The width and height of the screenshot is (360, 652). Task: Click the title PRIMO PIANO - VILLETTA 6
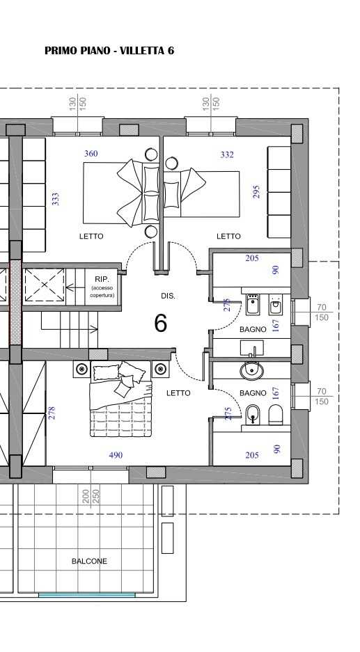pyautogui.click(x=109, y=51)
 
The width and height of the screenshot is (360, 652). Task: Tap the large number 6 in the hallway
pyautogui.click(x=161, y=323)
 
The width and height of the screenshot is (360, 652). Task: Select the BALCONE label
pyautogui.click(x=89, y=561)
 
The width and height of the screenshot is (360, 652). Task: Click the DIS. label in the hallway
pyautogui.click(x=168, y=296)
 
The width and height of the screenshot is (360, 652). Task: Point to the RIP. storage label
pyautogui.click(x=102, y=280)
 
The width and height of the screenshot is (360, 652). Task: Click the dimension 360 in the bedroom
pyautogui.click(x=91, y=154)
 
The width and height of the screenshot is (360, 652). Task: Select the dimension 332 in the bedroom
pyautogui.click(x=227, y=154)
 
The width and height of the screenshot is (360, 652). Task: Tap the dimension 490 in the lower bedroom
pyautogui.click(x=116, y=455)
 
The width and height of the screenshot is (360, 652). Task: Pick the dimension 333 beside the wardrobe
pyautogui.click(x=55, y=198)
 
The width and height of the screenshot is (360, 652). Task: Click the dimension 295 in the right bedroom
pyautogui.click(x=256, y=191)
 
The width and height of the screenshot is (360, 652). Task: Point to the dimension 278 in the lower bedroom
pyautogui.click(x=52, y=413)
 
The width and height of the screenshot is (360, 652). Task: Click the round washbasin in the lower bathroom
pyautogui.click(x=251, y=370)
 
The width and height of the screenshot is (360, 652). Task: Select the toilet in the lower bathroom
pyautogui.click(x=276, y=415)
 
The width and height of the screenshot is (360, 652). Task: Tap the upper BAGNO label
pyautogui.click(x=253, y=329)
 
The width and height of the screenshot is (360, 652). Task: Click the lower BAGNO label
pyautogui.click(x=253, y=393)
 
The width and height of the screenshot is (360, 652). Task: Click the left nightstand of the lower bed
pyautogui.click(x=81, y=369)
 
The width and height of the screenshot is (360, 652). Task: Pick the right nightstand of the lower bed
pyautogui.click(x=160, y=369)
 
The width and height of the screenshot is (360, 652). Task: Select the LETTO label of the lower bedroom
pyautogui.click(x=178, y=393)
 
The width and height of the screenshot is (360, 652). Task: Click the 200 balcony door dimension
pyautogui.click(x=86, y=497)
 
